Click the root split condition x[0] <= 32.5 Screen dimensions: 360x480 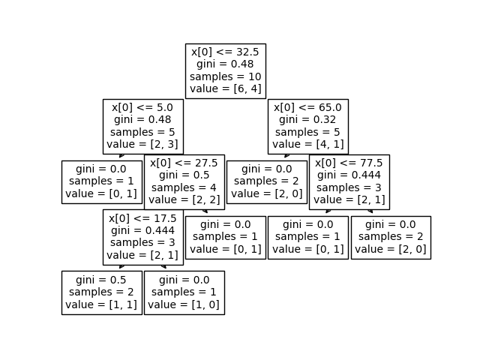[225, 52]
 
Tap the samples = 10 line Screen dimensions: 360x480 [225, 76]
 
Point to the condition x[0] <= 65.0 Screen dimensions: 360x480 [307, 107]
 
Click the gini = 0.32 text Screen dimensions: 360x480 [307, 119]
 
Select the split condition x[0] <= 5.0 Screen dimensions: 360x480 [142, 107]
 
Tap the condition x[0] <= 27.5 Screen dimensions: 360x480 [184, 163]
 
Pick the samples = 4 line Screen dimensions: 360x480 [184, 187]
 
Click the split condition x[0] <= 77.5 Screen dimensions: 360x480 [349, 163]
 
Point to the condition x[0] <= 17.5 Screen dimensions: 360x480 [142, 218]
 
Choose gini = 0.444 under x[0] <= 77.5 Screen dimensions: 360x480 [349, 175]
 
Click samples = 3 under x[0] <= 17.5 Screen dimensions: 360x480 [142, 243]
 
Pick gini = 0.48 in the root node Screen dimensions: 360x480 [225, 64]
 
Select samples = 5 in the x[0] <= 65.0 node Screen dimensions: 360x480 [307, 132]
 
